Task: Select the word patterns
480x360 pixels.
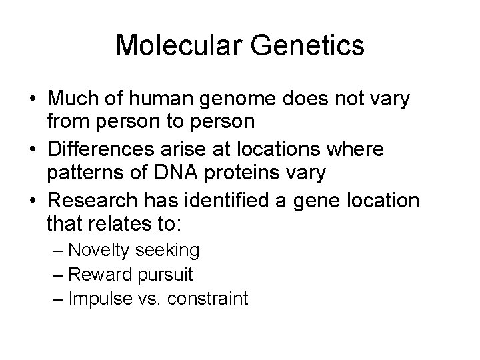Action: (85, 173)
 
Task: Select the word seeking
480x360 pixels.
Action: (169, 250)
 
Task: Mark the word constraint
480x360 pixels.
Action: (207, 298)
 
